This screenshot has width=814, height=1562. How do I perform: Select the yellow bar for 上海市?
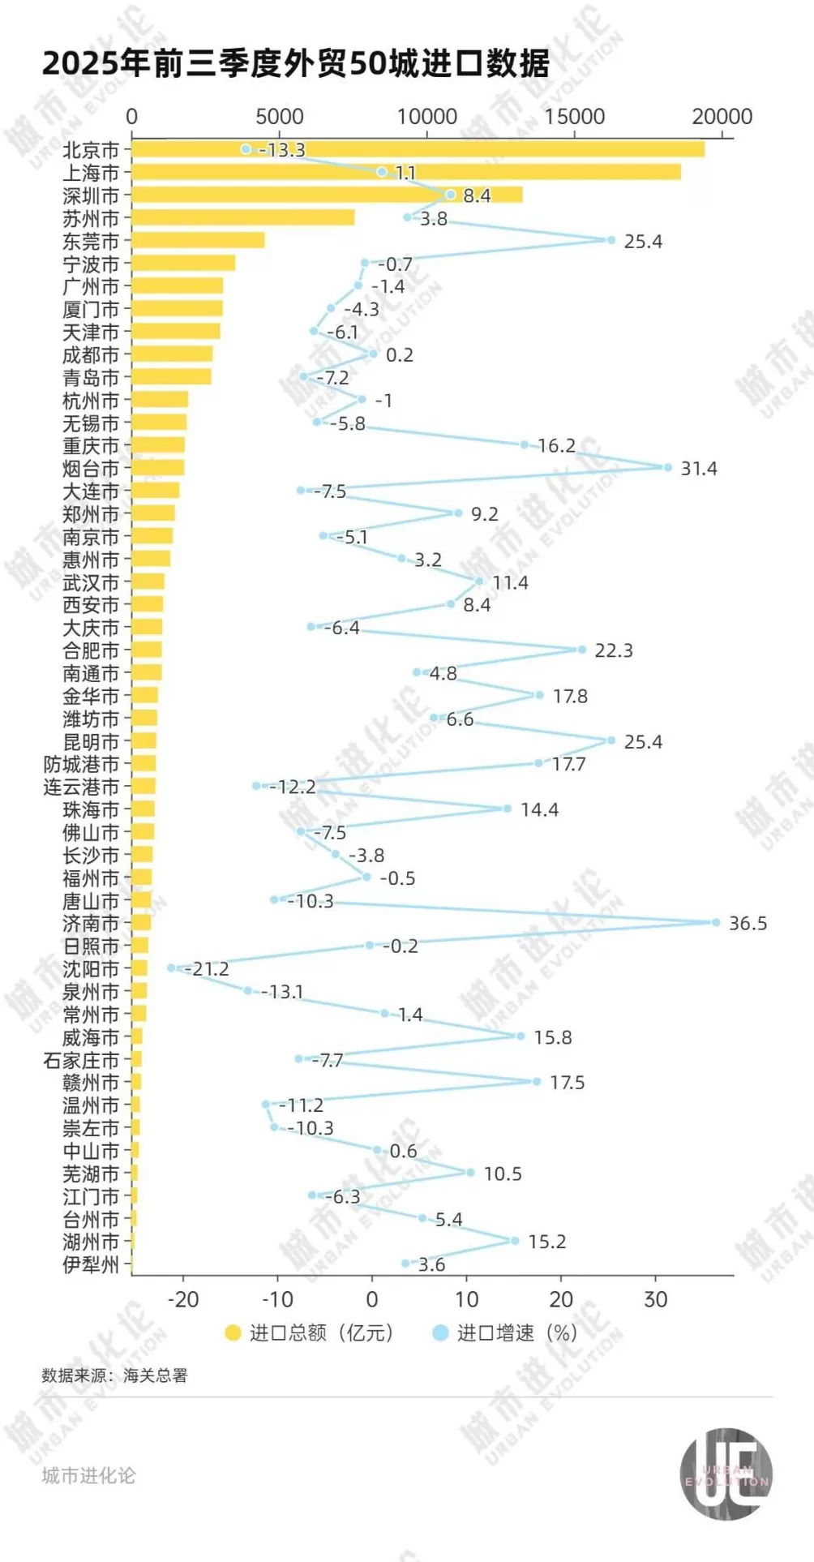pos(405,172)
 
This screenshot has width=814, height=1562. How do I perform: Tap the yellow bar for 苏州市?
pos(243,217)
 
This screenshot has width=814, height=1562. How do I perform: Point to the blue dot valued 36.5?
pos(716,922)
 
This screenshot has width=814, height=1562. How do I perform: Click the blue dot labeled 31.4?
pos(668,467)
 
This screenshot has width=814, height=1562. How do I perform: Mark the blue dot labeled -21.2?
pos(171,968)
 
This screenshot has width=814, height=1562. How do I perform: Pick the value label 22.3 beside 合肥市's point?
pos(613,650)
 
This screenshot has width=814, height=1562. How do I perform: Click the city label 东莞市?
pos(91,241)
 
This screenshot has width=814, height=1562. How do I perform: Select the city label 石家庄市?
pos(81,1060)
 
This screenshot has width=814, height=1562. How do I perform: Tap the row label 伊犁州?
pos(91,1264)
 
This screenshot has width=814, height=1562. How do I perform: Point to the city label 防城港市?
pos(81,764)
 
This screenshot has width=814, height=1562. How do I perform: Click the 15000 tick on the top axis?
pos(574,117)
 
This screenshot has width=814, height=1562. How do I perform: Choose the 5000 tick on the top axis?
pos(280,117)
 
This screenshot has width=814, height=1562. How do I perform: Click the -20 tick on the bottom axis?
pos(182,1299)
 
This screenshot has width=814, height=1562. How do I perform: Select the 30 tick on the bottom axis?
pos(655,1299)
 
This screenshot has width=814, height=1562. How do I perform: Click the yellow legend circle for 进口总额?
pos(233,1332)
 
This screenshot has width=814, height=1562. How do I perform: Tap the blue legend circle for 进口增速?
pos(440,1332)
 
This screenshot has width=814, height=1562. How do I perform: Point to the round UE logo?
pos(726,1474)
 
